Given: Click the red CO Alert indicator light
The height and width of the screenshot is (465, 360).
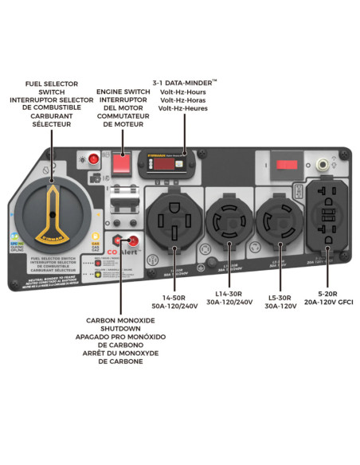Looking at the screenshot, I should point(133,240).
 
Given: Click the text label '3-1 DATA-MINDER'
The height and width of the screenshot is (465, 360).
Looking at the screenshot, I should point(184,82).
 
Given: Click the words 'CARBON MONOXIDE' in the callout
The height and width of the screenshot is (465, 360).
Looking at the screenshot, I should point(120,321).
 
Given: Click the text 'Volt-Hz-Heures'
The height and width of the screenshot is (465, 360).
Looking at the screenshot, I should point(183,108).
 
